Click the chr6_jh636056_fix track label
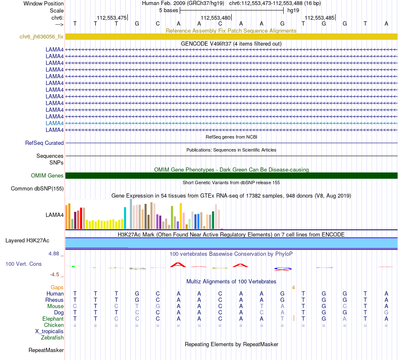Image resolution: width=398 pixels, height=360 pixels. click(x=41, y=37)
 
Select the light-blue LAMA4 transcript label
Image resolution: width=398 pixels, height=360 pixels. click(x=54, y=123)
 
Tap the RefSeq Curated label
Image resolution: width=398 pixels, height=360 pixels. click(x=44, y=143)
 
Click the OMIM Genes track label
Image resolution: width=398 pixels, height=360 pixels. click(x=47, y=176)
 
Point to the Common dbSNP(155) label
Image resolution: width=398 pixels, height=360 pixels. click(x=37, y=189)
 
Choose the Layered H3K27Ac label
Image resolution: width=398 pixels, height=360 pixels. click(x=27, y=241)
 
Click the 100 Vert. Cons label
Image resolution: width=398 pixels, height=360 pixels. click(x=23, y=264)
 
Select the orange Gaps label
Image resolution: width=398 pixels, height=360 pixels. click(x=57, y=288)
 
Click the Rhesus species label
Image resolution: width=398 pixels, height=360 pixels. click(x=54, y=300)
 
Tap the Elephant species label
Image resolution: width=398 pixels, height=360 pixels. click(x=53, y=319)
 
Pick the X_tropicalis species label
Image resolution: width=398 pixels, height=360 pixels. click(x=49, y=332)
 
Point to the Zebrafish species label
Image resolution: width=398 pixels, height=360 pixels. click(x=52, y=338)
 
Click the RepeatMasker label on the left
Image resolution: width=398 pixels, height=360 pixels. click(x=46, y=350)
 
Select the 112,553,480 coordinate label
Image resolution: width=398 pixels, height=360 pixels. click(x=215, y=18)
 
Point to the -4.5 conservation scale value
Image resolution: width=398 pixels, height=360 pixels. click(x=55, y=275)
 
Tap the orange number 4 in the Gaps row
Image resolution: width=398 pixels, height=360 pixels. click(x=293, y=288)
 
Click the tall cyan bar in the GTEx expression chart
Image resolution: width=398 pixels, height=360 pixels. click(x=125, y=218)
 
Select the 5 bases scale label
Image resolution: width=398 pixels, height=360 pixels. click(x=168, y=10)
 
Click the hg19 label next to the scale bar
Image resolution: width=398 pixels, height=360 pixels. click(x=293, y=10)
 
